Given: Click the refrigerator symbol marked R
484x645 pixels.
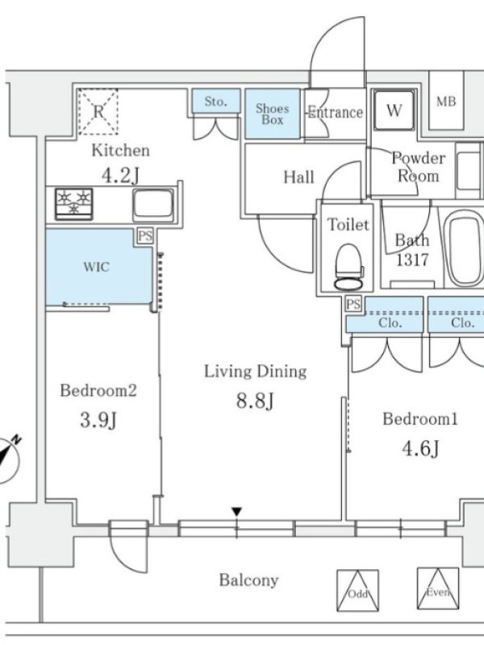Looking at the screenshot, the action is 98,111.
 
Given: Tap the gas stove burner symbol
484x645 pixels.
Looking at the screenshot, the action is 74,204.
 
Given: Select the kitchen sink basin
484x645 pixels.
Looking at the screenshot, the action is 153,205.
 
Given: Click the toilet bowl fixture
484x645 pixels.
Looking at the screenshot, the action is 349,268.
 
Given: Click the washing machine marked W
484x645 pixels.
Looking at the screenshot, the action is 394,110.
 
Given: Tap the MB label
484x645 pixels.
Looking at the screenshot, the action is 446,102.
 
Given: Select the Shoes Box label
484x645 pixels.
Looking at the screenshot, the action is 272,114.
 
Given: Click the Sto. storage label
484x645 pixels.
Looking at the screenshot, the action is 215,102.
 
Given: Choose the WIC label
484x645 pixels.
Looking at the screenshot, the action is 97,267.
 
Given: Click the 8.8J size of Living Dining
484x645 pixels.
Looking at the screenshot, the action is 255,400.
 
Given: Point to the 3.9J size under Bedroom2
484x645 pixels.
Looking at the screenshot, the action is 98,420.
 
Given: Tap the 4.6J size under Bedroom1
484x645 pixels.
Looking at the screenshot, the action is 420,448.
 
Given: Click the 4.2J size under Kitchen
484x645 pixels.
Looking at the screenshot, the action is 120,176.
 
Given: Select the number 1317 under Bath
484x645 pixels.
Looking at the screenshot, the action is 412,260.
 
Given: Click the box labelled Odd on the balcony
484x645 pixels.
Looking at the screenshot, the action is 357,590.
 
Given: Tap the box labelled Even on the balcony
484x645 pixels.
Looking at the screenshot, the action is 437,589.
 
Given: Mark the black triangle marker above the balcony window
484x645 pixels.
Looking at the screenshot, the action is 236,512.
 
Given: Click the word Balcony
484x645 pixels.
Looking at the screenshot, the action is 248,580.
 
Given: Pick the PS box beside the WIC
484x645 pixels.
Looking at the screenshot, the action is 145,236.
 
